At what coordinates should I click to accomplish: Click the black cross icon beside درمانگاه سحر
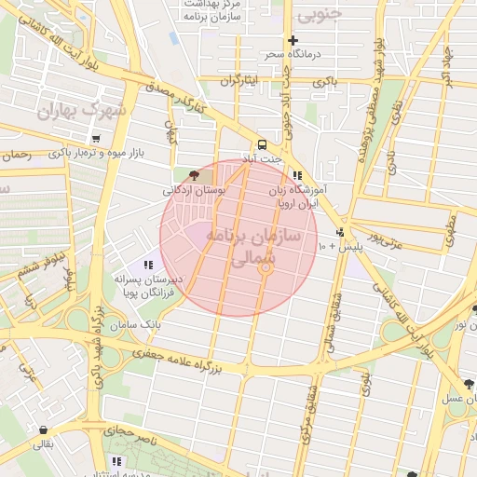pyautogui.click(x=293, y=40)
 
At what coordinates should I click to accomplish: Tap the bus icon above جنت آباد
pyautogui.click(x=262, y=144)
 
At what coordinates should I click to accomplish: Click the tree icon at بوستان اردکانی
pyautogui.click(x=194, y=174)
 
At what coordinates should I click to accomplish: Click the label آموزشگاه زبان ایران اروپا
pyautogui.click(x=301, y=195)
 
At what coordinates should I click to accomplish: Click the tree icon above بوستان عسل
pyautogui.click(x=468, y=383)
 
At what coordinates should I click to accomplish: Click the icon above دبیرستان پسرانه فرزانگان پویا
pyautogui.click(x=149, y=266)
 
